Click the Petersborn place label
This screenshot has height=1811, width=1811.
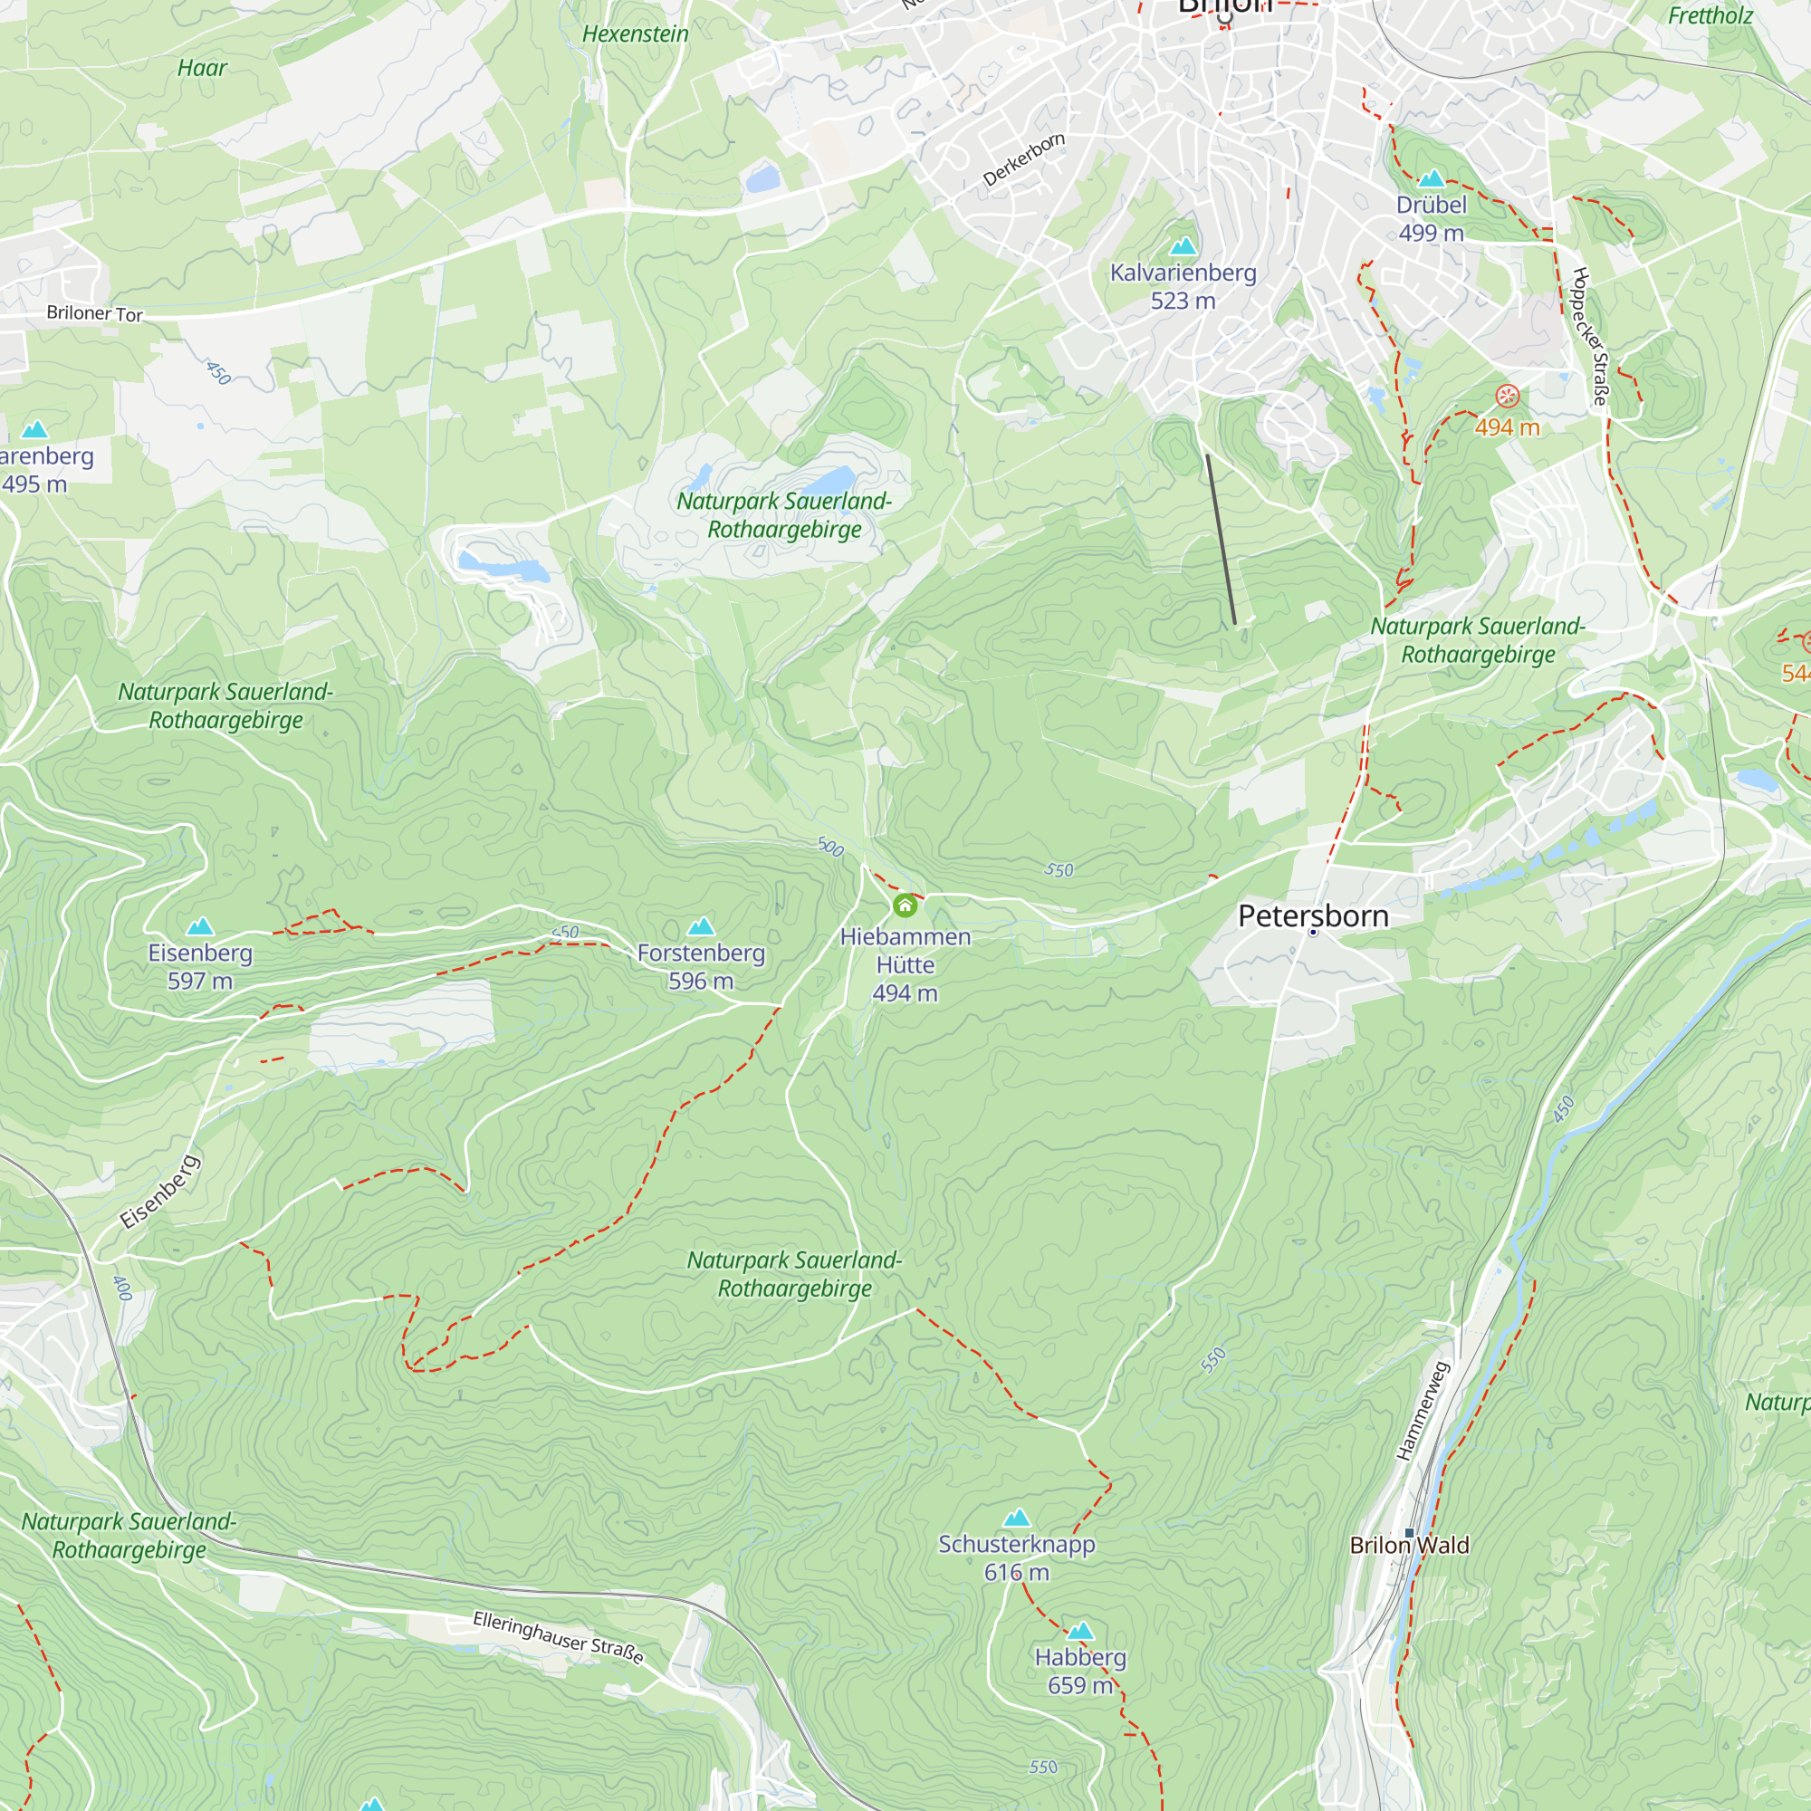1313,915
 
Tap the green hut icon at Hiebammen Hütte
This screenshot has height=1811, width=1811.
905,905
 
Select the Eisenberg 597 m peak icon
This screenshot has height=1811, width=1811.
199,927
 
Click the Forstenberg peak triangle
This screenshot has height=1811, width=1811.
701,927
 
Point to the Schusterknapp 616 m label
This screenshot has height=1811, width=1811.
1016,1557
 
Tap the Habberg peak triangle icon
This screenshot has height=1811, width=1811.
1080,1631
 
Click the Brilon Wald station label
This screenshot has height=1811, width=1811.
1409,1545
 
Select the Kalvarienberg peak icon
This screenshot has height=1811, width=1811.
1183,246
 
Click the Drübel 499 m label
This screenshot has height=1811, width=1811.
1431,218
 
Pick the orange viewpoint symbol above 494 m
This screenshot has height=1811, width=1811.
1507,396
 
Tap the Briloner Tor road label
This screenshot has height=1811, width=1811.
95,313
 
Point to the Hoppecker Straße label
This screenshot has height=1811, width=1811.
1590,337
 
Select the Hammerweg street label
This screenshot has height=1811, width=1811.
1422,1411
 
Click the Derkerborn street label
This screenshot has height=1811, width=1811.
1023,159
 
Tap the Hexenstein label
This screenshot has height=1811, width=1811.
635,34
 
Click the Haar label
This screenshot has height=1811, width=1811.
202,69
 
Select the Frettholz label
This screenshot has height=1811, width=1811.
1710,16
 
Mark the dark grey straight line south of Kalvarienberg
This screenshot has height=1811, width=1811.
1221,539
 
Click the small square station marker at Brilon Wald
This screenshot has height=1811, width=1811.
1409,1533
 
